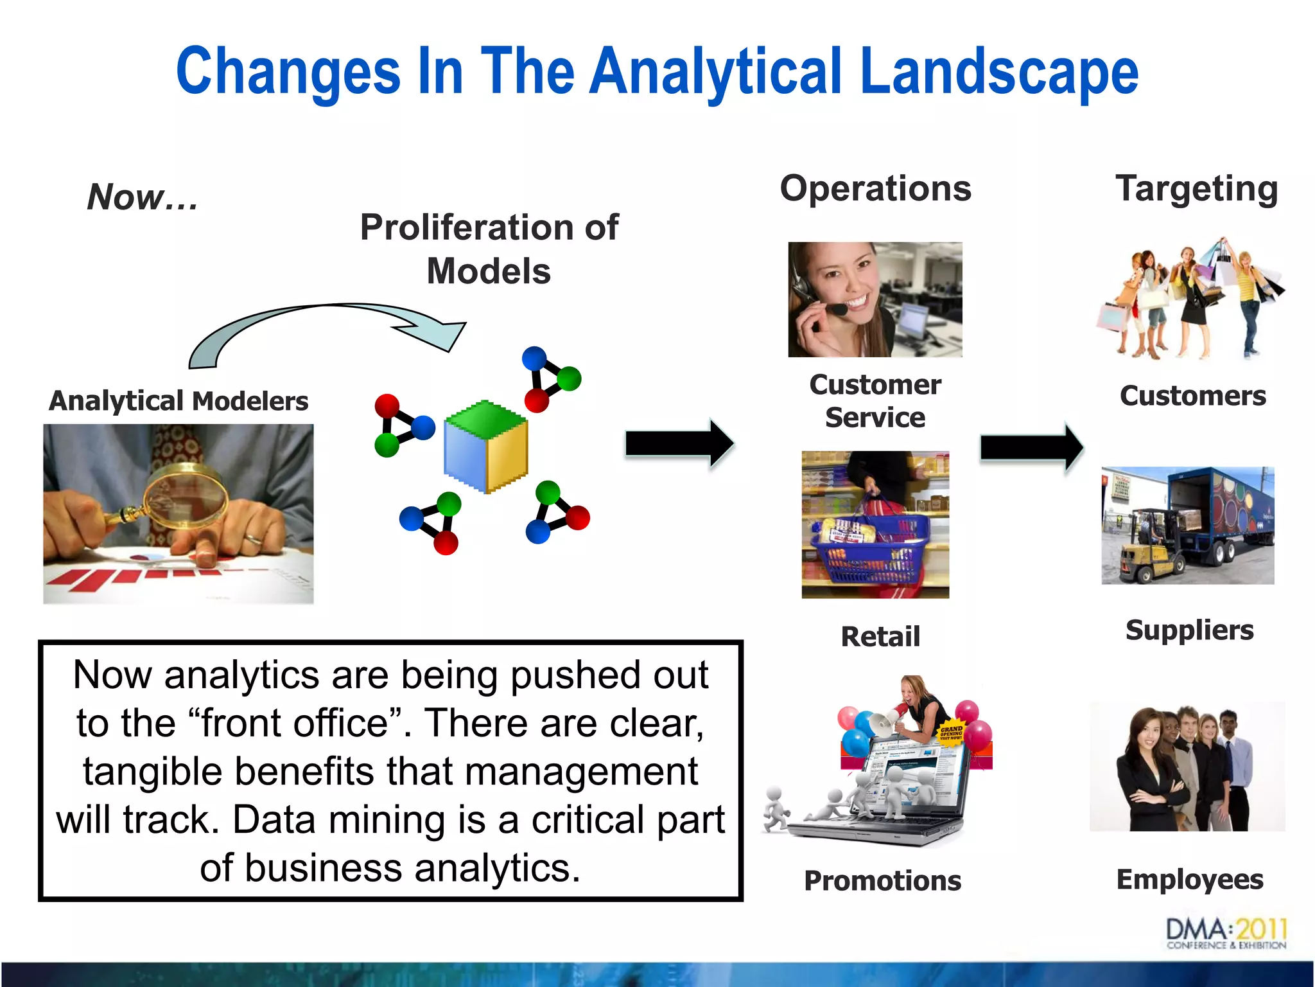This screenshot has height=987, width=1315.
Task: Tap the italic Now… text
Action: click(x=143, y=197)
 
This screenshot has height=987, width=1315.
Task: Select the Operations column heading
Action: click(x=875, y=189)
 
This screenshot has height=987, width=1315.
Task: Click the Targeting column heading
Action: click(x=1196, y=189)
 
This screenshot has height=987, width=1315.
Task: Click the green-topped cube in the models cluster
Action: click(x=486, y=447)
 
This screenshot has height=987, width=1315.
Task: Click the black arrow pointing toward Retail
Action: click(x=679, y=443)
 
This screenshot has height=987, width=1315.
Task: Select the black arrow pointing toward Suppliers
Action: click(x=1031, y=447)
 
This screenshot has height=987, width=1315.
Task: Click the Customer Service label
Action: click(x=875, y=401)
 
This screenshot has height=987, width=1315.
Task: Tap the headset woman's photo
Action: click(x=875, y=299)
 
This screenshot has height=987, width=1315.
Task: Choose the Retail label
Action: click(x=880, y=637)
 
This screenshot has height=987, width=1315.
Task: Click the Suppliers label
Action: click(x=1189, y=630)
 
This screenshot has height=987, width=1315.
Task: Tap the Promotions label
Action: click(x=882, y=880)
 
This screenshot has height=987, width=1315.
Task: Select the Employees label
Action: click(x=1189, y=879)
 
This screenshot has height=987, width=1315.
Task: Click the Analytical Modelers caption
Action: click(x=179, y=401)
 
